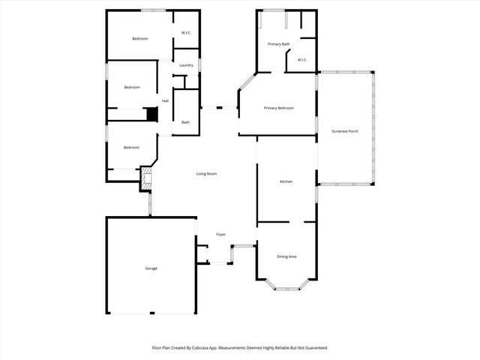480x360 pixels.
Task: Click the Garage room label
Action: [x=151, y=268]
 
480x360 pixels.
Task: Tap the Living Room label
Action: [x=206, y=174]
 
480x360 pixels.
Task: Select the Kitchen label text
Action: [x=286, y=182]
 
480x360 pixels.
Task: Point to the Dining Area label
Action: [x=286, y=257]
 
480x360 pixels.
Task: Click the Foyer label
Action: [x=221, y=235]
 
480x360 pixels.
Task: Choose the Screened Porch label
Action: [x=345, y=131]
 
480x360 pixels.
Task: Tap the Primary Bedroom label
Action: [x=278, y=108]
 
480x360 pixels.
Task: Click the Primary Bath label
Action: [x=279, y=44]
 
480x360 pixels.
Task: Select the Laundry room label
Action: [x=186, y=65]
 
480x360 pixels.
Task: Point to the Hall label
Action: [x=165, y=101]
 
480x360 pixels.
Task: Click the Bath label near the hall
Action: [x=185, y=122]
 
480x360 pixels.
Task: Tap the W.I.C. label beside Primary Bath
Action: [x=302, y=60]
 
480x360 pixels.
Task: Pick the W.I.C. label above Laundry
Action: [x=187, y=32]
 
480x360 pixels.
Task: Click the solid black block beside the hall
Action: [x=152, y=115]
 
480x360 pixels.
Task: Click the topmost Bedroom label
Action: [x=140, y=38]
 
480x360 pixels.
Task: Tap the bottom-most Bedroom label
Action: [x=132, y=147]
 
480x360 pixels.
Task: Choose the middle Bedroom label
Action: [x=132, y=87]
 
